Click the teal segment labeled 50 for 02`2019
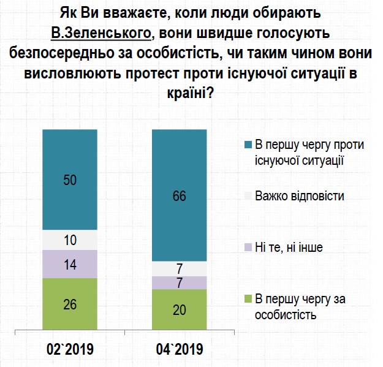[x=70, y=180]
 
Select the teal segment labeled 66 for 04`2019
[x=179, y=196]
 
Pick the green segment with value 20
[x=179, y=309]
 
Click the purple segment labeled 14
[x=70, y=264]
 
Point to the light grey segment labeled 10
[x=70, y=240]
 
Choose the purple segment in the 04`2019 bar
[x=179, y=282]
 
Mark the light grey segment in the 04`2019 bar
[x=179, y=269]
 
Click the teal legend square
[x=248, y=145]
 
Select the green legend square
[x=248, y=299]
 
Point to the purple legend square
[x=248, y=248]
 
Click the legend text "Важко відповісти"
[x=300, y=196]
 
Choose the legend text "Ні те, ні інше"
[x=288, y=248]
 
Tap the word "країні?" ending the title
[x=191, y=94]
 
